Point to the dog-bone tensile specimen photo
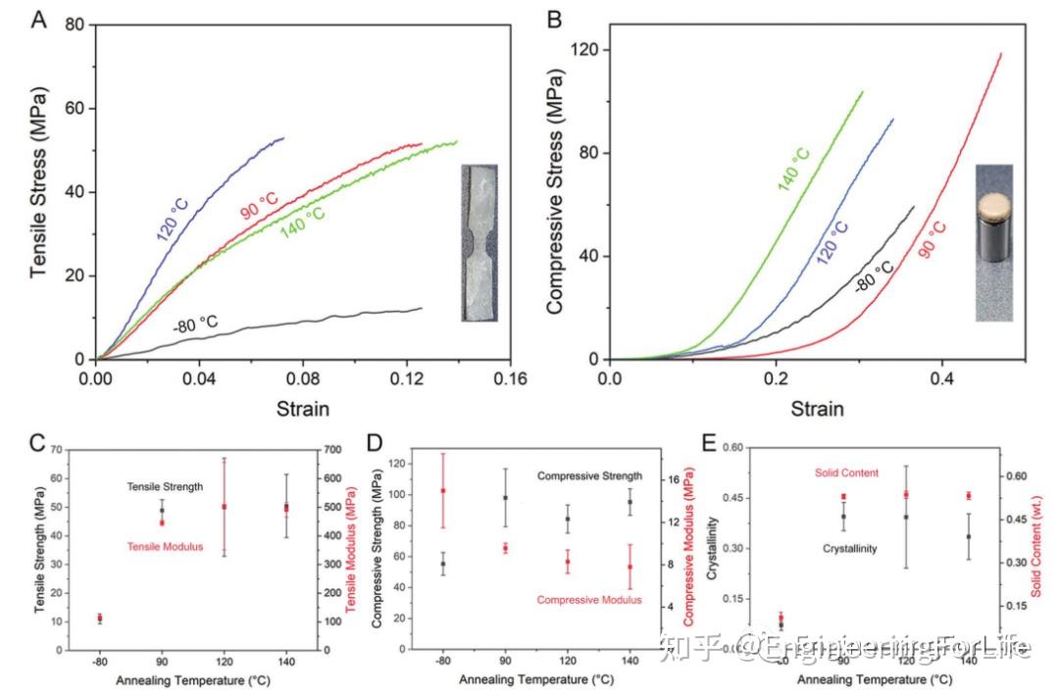tap(479, 242)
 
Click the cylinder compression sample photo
tap(993, 243)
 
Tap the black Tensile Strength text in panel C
tap(164, 486)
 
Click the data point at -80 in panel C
tap(99, 618)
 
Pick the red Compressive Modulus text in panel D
tap(589, 599)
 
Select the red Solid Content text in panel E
tap(846, 473)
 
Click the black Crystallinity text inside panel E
tap(849, 549)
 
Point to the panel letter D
tap(373, 443)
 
